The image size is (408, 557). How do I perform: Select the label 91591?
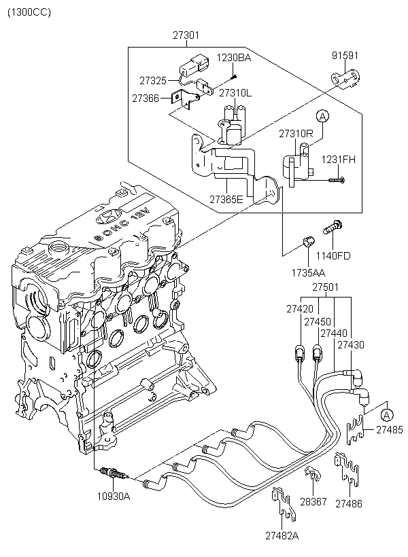click(x=345, y=56)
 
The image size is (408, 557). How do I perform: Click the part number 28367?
click(x=313, y=501)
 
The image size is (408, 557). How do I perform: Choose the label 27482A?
click(x=282, y=535)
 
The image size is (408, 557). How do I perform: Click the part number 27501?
click(x=326, y=288)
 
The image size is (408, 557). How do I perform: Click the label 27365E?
click(x=227, y=200)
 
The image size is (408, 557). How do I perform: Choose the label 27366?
click(x=146, y=98)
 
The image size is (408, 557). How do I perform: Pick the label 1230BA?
click(x=234, y=58)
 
